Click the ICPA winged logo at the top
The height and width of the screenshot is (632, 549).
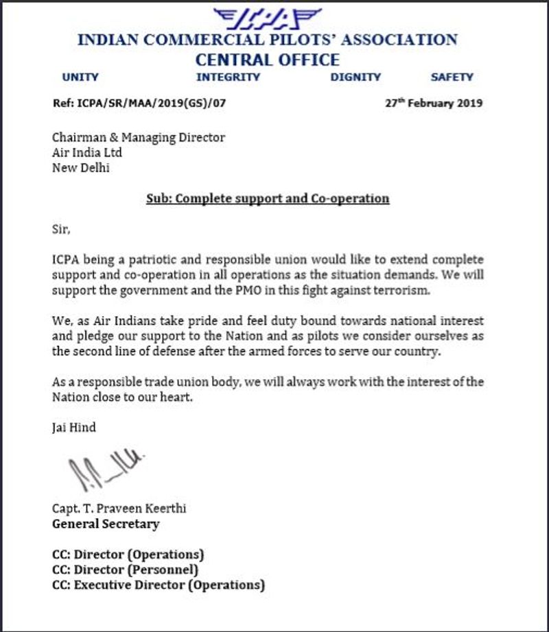click(x=268, y=16)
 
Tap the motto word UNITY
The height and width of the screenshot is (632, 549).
click(x=80, y=77)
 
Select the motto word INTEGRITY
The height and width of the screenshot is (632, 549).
click(x=228, y=77)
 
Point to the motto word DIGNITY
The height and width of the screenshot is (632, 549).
click(x=355, y=77)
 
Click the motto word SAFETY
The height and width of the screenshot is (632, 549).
click(x=452, y=77)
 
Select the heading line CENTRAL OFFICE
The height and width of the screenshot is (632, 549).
click(x=267, y=60)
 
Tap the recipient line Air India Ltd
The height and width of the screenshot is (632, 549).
click(x=87, y=152)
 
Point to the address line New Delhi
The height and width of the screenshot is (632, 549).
click(x=81, y=167)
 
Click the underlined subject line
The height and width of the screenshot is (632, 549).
click(x=268, y=199)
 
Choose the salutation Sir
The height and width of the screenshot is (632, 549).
click(x=61, y=230)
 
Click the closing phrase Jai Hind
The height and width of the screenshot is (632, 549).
click(x=74, y=428)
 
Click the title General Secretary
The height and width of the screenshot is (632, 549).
click(x=106, y=524)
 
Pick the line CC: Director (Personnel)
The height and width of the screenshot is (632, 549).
click(x=126, y=570)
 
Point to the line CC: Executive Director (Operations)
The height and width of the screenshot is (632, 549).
click(x=159, y=585)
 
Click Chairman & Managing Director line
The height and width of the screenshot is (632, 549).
click(x=139, y=137)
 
